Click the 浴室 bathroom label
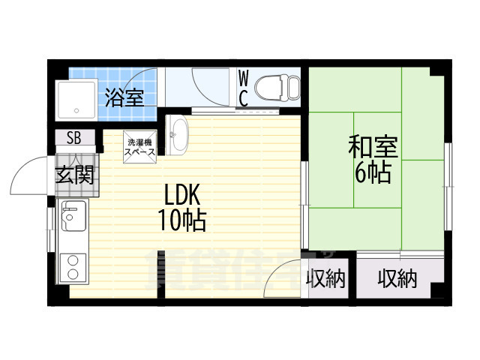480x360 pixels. click(x=124, y=97)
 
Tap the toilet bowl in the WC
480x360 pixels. click(x=275, y=88)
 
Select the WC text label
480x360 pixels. click(x=244, y=88)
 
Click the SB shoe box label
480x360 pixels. click(x=75, y=138)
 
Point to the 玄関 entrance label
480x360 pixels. click(x=75, y=175)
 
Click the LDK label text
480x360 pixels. click(x=182, y=196)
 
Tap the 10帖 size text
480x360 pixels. click(x=182, y=221)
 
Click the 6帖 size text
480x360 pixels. click(x=372, y=174)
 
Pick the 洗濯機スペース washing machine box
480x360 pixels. click(x=140, y=147)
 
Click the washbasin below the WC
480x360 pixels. click(x=178, y=134)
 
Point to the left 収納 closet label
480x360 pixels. click(x=325, y=280)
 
